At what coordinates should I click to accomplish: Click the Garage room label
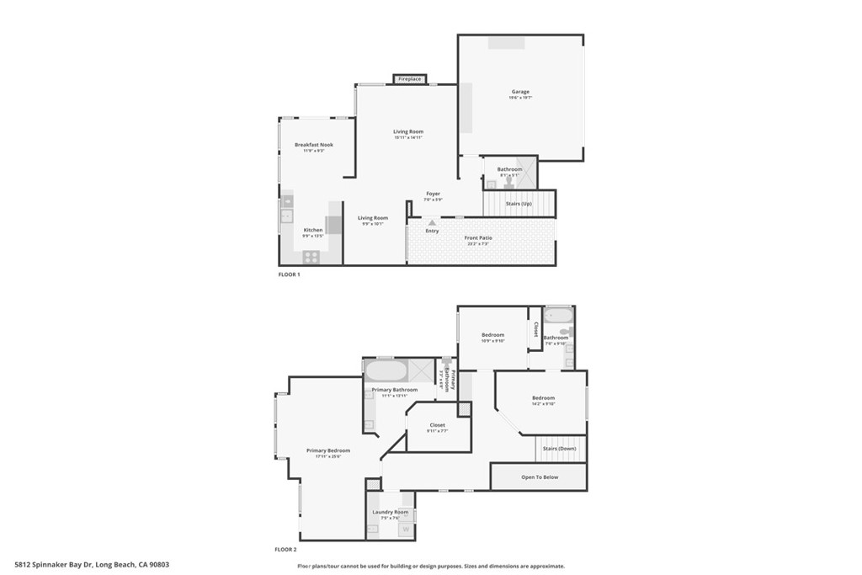click(519, 92)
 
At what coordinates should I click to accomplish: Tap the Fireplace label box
click(409, 79)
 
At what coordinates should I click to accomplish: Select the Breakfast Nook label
click(313, 145)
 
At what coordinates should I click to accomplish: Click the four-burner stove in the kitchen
click(311, 256)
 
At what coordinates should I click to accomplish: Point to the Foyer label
click(433, 194)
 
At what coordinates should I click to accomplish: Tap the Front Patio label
click(478, 237)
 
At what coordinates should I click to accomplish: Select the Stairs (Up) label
click(519, 204)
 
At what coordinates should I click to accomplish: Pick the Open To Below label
click(539, 477)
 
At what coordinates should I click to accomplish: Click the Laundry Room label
click(390, 512)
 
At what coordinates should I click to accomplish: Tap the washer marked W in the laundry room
click(406, 529)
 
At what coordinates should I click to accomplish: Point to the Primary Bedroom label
click(327, 450)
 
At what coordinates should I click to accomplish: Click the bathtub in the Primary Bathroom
click(386, 370)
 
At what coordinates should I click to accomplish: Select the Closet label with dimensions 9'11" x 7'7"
click(437, 425)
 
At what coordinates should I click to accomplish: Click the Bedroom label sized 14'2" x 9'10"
click(543, 398)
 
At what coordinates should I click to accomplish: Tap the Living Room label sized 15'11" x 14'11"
click(408, 131)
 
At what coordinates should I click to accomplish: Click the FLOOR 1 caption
click(289, 274)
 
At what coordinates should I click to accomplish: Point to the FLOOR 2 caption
click(285, 549)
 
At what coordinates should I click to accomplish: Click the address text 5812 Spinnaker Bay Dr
click(55, 565)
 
